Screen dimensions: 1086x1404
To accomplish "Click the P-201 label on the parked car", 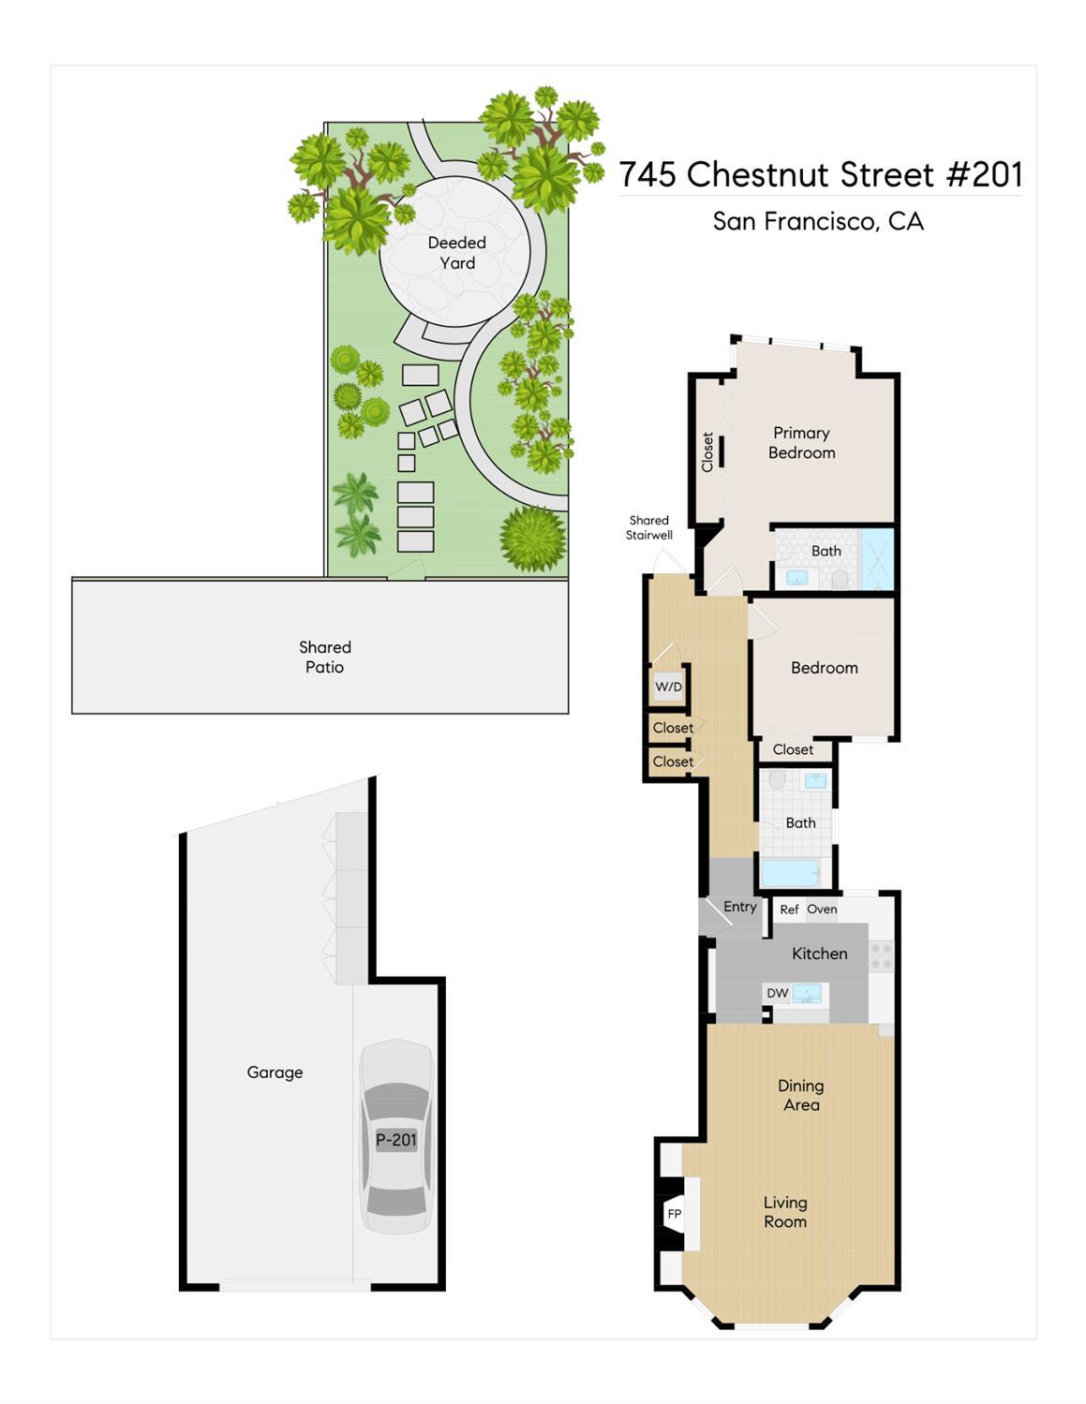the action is pyautogui.click(x=396, y=1140).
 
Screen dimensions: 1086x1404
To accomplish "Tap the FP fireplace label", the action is pyautogui.click(x=675, y=1214).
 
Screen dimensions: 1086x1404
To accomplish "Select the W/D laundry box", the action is pyautogui.click(x=668, y=687).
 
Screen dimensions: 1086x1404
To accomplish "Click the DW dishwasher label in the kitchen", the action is pyautogui.click(x=777, y=993).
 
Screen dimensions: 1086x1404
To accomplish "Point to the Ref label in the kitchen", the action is pyautogui.click(x=789, y=909).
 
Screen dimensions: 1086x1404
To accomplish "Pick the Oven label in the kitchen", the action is pyautogui.click(x=823, y=909).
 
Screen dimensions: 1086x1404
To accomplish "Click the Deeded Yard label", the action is pyautogui.click(x=457, y=253).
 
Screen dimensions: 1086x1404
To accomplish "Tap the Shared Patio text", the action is pyautogui.click(x=324, y=657).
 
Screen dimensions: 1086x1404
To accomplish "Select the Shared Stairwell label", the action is pyautogui.click(x=649, y=527).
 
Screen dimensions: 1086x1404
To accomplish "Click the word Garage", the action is pyautogui.click(x=275, y=1072).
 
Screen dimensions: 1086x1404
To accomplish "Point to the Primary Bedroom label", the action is pyautogui.click(x=801, y=443).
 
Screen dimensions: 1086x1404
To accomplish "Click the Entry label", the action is pyautogui.click(x=739, y=908).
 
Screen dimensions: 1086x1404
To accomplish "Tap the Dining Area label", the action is pyautogui.click(x=801, y=1095).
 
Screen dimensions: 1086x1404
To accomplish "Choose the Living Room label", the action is pyautogui.click(x=785, y=1211).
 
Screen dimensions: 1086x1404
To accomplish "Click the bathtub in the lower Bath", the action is pyautogui.click(x=791, y=873).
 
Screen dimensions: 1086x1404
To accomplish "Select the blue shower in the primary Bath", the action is pyautogui.click(x=877, y=559).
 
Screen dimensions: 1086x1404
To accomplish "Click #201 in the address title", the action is pyautogui.click(x=985, y=174).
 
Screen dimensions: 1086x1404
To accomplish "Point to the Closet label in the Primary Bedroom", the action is pyautogui.click(x=707, y=451).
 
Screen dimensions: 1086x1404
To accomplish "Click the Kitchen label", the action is pyautogui.click(x=820, y=953).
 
